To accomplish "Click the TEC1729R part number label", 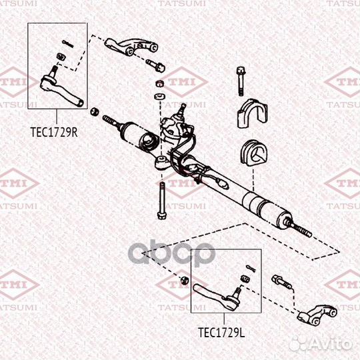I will click(x=54, y=132).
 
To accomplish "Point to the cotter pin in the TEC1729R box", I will click(x=65, y=44).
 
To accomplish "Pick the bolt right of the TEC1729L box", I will click(x=281, y=282).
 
